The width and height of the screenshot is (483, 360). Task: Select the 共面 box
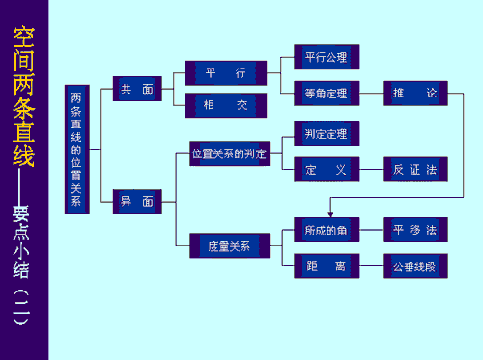136,89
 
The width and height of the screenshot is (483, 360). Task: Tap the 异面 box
136,202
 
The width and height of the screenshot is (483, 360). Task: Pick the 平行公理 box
326,57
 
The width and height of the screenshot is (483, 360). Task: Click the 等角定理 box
326,93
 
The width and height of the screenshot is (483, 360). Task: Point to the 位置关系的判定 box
228,153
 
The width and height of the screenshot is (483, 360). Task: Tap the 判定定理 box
326,133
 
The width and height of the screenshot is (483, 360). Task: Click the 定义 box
326,169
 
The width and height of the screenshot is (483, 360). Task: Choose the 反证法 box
415,169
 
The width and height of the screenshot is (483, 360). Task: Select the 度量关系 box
228,245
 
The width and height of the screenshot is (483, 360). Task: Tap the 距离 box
326,264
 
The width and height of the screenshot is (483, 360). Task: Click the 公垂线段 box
415,264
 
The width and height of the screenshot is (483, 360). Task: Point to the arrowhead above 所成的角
329,213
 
